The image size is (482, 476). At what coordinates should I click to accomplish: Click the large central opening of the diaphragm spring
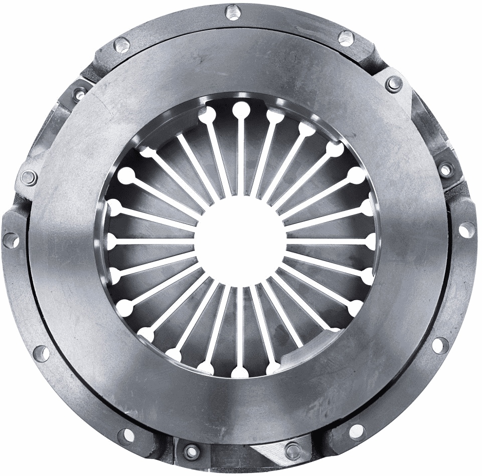[240, 240]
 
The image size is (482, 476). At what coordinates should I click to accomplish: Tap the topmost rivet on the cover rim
[233, 11]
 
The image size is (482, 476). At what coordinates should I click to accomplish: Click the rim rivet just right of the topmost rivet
[346, 38]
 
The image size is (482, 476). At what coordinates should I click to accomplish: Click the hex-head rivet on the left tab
[29, 177]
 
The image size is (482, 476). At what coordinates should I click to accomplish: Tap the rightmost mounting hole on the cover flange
[466, 229]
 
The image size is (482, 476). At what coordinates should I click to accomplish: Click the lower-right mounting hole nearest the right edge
[440, 344]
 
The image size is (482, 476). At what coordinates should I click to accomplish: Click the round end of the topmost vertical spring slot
[240, 109]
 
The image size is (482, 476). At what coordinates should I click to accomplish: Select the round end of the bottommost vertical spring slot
[240, 371]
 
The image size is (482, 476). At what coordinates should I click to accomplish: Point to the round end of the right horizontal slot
[371, 241]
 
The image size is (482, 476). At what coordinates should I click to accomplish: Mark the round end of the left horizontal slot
[111, 241]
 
